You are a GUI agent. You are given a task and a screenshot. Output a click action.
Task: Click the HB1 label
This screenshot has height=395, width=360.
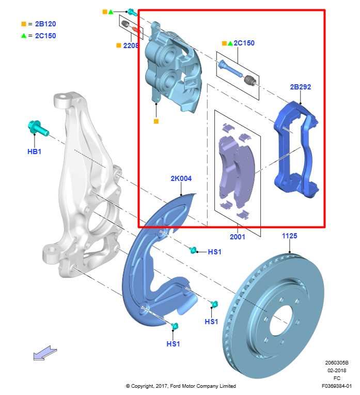point(34,151)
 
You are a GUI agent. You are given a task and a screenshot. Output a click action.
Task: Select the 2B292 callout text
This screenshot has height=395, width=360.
point(300,87)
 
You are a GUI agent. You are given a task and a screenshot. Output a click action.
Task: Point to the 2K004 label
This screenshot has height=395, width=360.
point(181,178)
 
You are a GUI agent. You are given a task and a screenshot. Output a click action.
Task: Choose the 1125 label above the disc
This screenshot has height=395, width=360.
point(289,236)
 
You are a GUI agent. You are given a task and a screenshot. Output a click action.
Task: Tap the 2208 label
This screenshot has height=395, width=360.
point(130,45)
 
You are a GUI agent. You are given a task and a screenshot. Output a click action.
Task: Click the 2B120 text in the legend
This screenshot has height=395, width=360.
point(45,24)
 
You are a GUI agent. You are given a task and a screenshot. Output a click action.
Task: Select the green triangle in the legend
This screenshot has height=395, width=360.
point(23,36)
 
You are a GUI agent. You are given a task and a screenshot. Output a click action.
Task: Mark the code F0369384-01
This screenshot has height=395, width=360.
point(336,386)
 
